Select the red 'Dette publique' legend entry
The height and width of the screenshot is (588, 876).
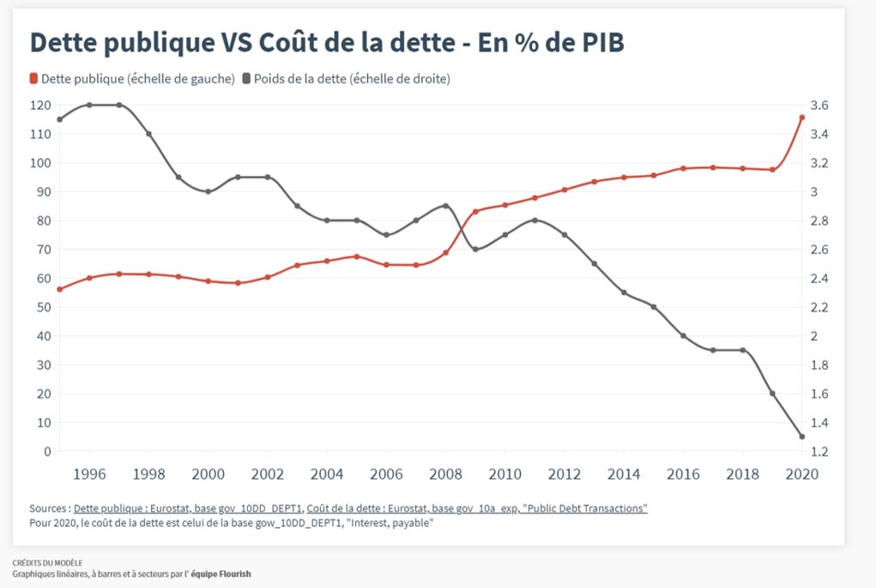(132, 79)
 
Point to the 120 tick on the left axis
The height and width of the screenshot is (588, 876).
(40, 106)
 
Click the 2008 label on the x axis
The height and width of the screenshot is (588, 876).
(445, 473)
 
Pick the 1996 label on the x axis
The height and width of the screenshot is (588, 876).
(89, 473)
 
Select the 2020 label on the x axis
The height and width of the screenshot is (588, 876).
(801, 473)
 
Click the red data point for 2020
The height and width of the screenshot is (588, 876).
(801, 118)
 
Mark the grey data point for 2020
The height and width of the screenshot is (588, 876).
(801, 437)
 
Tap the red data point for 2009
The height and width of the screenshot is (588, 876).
(475, 211)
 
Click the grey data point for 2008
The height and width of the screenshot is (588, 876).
(445, 206)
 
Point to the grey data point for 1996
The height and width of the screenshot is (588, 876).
(89, 105)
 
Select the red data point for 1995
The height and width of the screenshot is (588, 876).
(59, 289)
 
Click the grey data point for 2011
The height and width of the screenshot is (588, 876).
(535, 221)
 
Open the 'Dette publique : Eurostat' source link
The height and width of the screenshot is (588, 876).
(186, 509)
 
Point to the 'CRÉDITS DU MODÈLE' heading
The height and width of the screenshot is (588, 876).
(47, 563)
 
